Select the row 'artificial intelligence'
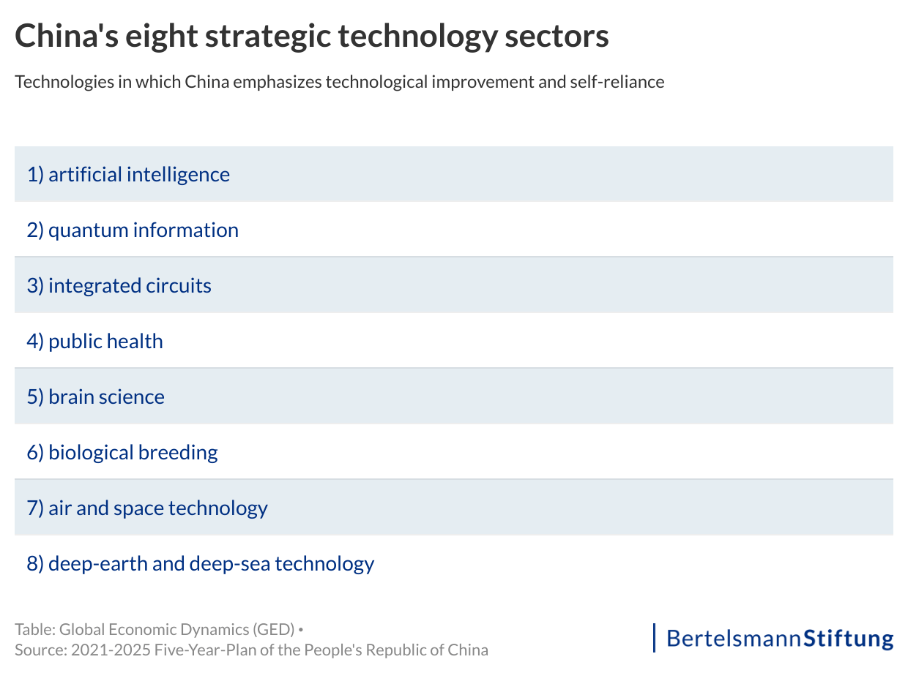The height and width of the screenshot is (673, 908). tap(138, 175)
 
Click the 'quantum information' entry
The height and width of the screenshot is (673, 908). tap(143, 230)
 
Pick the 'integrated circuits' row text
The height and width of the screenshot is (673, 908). tap(130, 286)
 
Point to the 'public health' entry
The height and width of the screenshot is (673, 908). tap(105, 342)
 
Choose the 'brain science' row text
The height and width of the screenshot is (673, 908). tap(106, 397)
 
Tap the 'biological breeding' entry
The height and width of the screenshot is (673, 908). tap(133, 453)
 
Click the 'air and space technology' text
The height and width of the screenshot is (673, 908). tap(157, 508)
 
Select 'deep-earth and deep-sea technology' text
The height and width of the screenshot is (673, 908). tap(211, 564)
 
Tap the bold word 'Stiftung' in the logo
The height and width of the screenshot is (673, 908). tap(849, 639)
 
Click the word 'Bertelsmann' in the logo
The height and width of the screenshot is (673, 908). tap(734, 639)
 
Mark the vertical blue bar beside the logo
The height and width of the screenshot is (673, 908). tap(654, 638)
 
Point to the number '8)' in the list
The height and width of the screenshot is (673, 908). tap(35, 564)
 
